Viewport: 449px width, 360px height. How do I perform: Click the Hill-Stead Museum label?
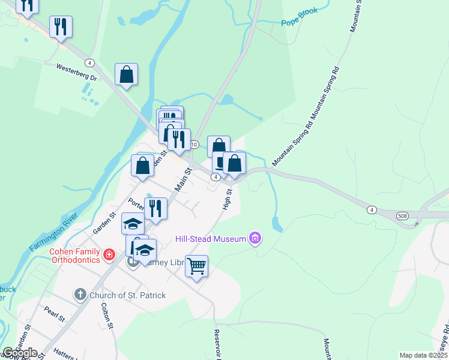211,239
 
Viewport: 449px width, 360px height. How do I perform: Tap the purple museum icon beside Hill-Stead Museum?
255,239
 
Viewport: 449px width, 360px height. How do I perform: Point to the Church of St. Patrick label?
127,295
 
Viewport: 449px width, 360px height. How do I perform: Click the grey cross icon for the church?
80,295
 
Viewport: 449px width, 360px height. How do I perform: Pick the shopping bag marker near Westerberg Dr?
126,74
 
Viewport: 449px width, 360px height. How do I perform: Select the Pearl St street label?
53,313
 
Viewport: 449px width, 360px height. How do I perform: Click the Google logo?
20,352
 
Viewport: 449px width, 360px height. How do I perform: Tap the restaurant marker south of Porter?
155,209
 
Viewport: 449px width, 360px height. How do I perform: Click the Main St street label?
182,179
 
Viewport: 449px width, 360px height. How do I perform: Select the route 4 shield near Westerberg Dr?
89,62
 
